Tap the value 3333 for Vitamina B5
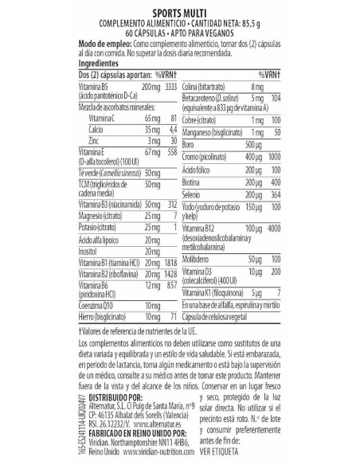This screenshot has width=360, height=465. pos(165,84)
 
